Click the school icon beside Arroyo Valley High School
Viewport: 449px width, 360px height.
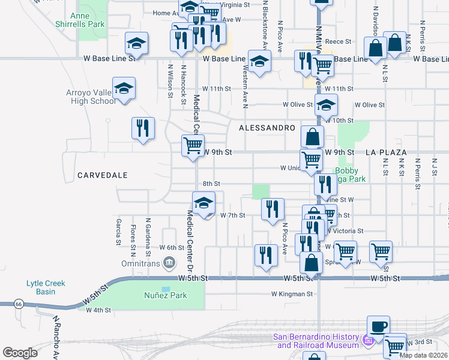tap(124, 89)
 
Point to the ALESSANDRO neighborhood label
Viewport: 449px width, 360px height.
tap(267, 128)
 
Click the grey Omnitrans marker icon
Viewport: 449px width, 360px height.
tap(169, 261)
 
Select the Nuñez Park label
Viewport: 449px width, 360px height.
tap(165, 295)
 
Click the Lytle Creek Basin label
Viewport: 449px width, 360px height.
tap(49, 287)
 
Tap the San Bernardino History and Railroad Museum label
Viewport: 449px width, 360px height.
tap(316, 341)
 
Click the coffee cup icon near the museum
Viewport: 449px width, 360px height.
tap(378, 326)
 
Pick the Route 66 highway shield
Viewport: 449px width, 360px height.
tap(19, 305)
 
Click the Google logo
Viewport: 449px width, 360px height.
tap(20, 353)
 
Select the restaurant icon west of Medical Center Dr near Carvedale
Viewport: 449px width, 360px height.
tap(143, 128)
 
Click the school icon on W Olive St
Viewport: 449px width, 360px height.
tap(326, 105)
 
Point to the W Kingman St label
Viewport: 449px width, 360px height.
tap(292, 294)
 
